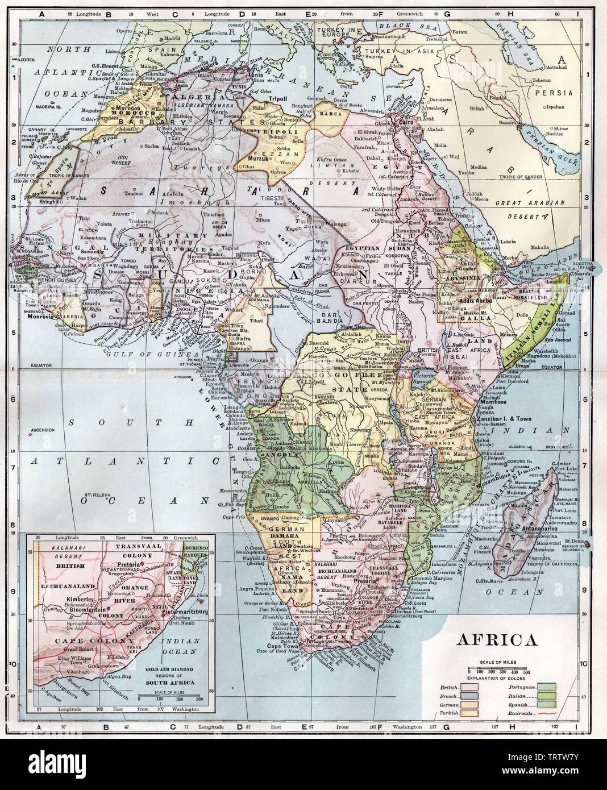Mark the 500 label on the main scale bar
pos(526,672)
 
